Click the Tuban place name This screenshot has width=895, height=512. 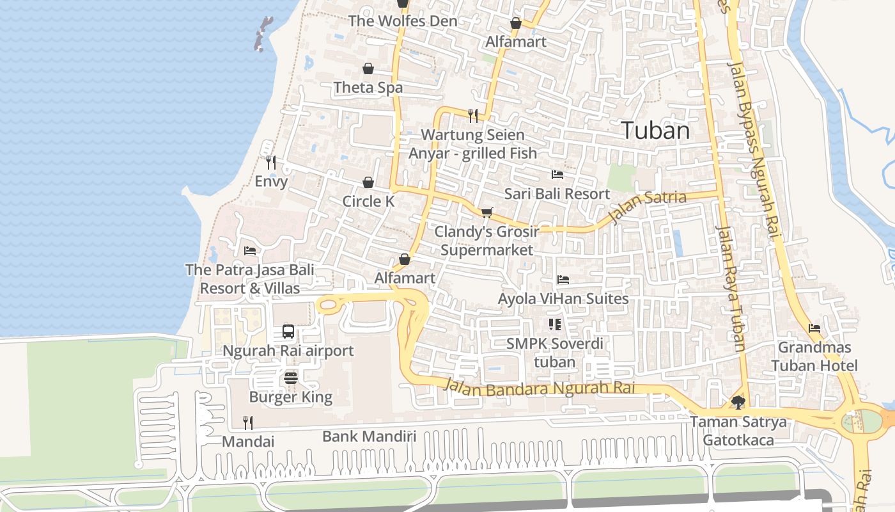pos(656,131)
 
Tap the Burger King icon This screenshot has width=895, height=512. pos(291,378)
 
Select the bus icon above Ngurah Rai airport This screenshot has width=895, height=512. pos(288,332)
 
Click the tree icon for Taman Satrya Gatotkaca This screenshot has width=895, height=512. pos(738,403)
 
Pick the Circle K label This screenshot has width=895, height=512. pos(368,202)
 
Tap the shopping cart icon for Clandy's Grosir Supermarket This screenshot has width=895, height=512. pos(487,212)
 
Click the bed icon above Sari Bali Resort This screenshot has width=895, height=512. pos(557,174)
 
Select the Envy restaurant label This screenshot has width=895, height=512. pos(271,181)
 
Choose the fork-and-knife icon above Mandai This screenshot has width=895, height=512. pos(248,422)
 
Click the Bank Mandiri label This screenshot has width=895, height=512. pos(369,436)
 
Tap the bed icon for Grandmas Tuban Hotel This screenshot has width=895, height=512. pos(814,328)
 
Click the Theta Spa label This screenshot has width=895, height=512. pos(368,88)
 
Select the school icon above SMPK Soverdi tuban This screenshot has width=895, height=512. pos(554,324)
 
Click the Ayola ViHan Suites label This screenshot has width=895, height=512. pos(563,299)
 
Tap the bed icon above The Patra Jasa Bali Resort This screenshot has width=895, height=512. pos(250,250)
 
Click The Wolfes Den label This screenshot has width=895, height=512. pos(403,21)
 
